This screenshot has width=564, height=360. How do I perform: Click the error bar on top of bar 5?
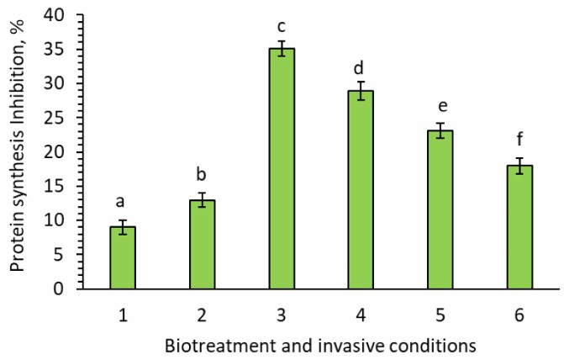click(x=440, y=130)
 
